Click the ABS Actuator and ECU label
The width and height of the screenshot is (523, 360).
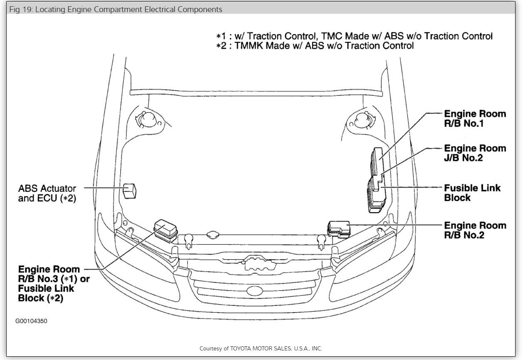[x=47, y=193]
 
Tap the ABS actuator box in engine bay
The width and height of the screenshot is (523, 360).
[x=130, y=190]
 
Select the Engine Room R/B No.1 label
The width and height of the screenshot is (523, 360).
[x=475, y=119]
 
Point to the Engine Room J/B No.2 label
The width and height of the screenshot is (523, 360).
[x=475, y=153]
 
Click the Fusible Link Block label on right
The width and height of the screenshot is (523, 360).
[x=472, y=193]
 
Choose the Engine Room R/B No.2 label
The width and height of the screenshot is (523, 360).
[x=475, y=230]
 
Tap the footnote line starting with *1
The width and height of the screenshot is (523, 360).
[x=354, y=36]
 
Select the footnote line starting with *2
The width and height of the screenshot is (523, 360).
[x=315, y=46]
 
